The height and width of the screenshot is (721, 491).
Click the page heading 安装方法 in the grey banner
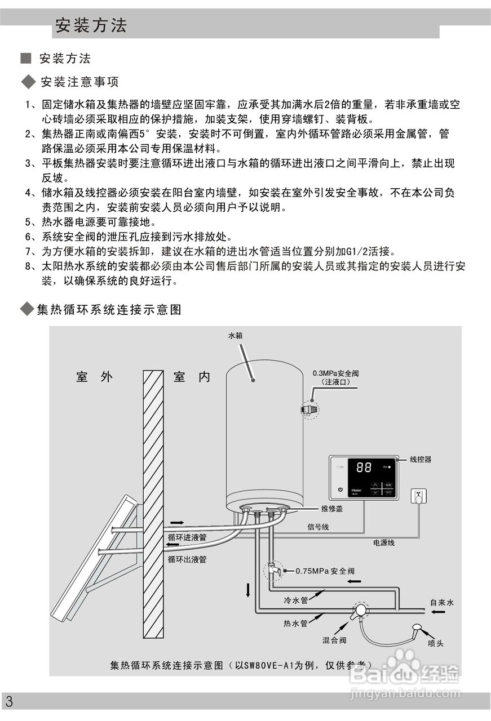91,25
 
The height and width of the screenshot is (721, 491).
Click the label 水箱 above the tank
235,336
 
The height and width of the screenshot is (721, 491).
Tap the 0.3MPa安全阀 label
336,373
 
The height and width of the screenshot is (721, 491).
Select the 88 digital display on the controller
364,468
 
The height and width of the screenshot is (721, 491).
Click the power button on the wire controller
340,489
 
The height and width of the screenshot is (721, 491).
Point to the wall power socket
418,496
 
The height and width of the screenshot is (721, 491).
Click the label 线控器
420,460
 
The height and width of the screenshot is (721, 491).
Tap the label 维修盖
332,508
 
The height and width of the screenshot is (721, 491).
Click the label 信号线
318,527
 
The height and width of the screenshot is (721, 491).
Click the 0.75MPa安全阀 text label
325,571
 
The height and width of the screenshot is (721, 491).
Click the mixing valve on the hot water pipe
359,611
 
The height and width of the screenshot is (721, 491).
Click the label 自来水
442,603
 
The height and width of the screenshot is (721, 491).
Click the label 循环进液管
187,538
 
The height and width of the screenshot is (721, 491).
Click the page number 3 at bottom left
9,702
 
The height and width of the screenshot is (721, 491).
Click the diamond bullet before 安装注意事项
28,83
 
